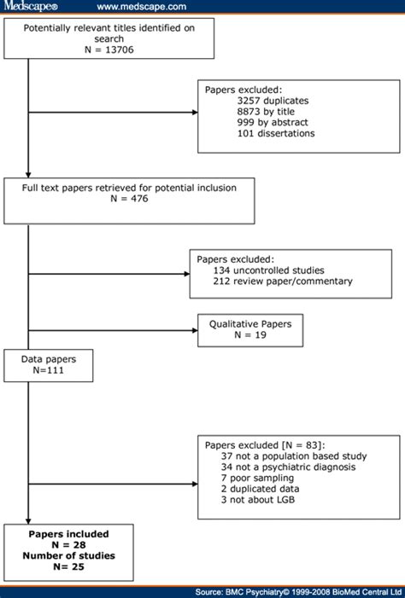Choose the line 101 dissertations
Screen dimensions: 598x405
tap(261, 134)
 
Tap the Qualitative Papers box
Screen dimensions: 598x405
tap(249, 329)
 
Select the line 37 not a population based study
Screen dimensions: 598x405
tap(293, 456)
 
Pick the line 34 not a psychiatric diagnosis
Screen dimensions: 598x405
tap(287, 468)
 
